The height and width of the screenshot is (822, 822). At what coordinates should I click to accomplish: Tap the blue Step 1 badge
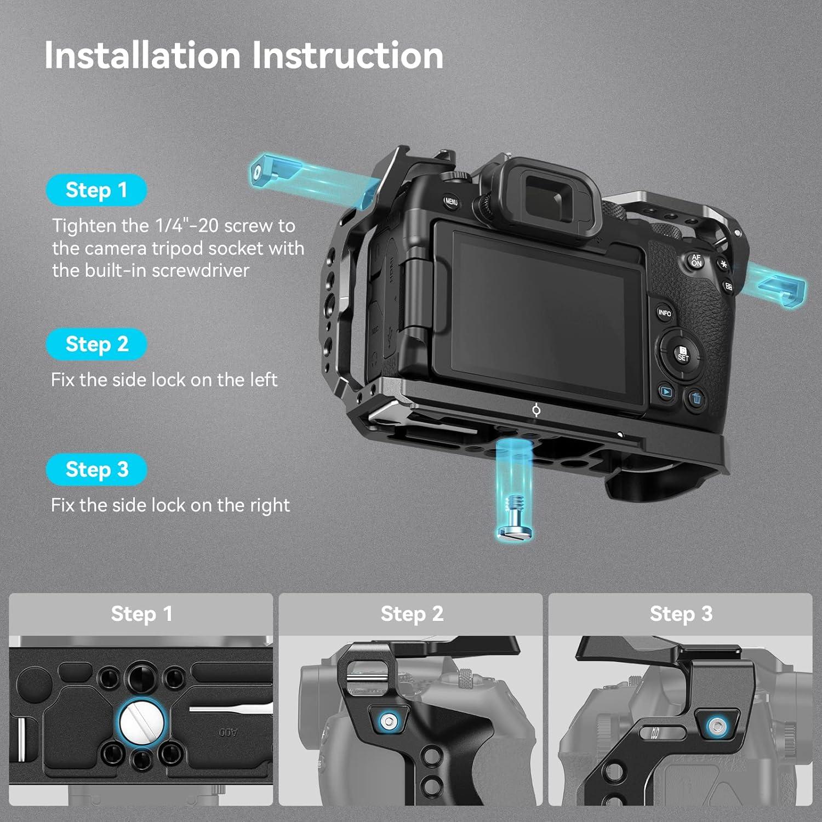[x=96, y=190]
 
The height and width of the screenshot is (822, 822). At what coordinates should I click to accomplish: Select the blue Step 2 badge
[x=96, y=344]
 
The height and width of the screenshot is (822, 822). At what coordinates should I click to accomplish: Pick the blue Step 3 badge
[x=96, y=470]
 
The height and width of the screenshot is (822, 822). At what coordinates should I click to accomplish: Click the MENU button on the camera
[x=451, y=202]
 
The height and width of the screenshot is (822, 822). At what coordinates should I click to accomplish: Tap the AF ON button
[x=695, y=261]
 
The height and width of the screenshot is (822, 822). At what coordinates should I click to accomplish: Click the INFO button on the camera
[x=664, y=313]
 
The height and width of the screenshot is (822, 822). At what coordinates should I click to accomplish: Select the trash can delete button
[x=696, y=398]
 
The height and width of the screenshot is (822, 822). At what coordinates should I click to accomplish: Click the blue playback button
[x=666, y=392]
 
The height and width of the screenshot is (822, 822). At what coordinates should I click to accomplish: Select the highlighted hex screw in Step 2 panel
[x=388, y=722]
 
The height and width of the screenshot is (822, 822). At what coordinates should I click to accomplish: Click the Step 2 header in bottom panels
[x=412, y=614]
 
